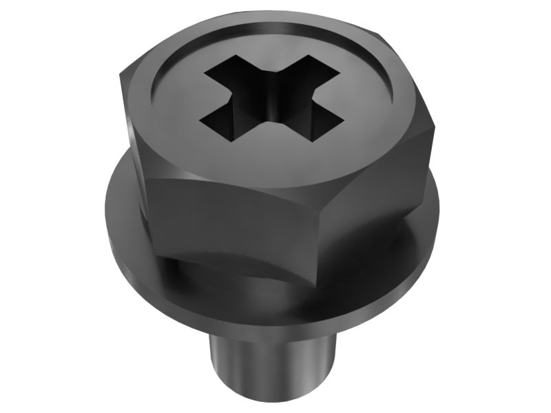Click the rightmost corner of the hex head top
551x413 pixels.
(434, 124)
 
